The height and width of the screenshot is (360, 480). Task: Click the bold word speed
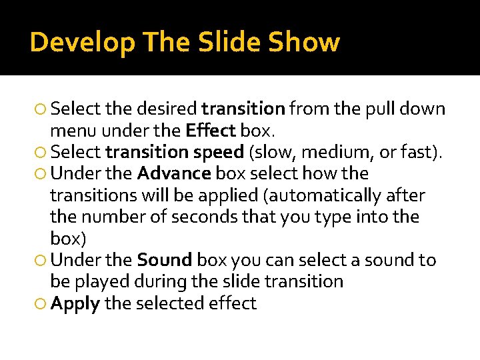click(x=217, y=152)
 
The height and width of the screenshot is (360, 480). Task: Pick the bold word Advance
click(x=174, y=173)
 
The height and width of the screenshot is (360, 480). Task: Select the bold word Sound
click(x=165, y=260)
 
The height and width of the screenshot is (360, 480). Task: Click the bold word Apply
click(x=75, y=303)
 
